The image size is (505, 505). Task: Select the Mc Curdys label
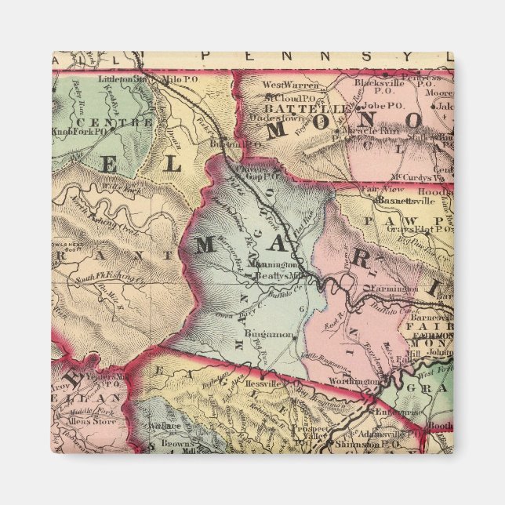point(416,176)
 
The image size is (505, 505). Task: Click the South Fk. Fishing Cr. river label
point(110,279)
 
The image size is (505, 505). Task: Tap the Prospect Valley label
point(314,434)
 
